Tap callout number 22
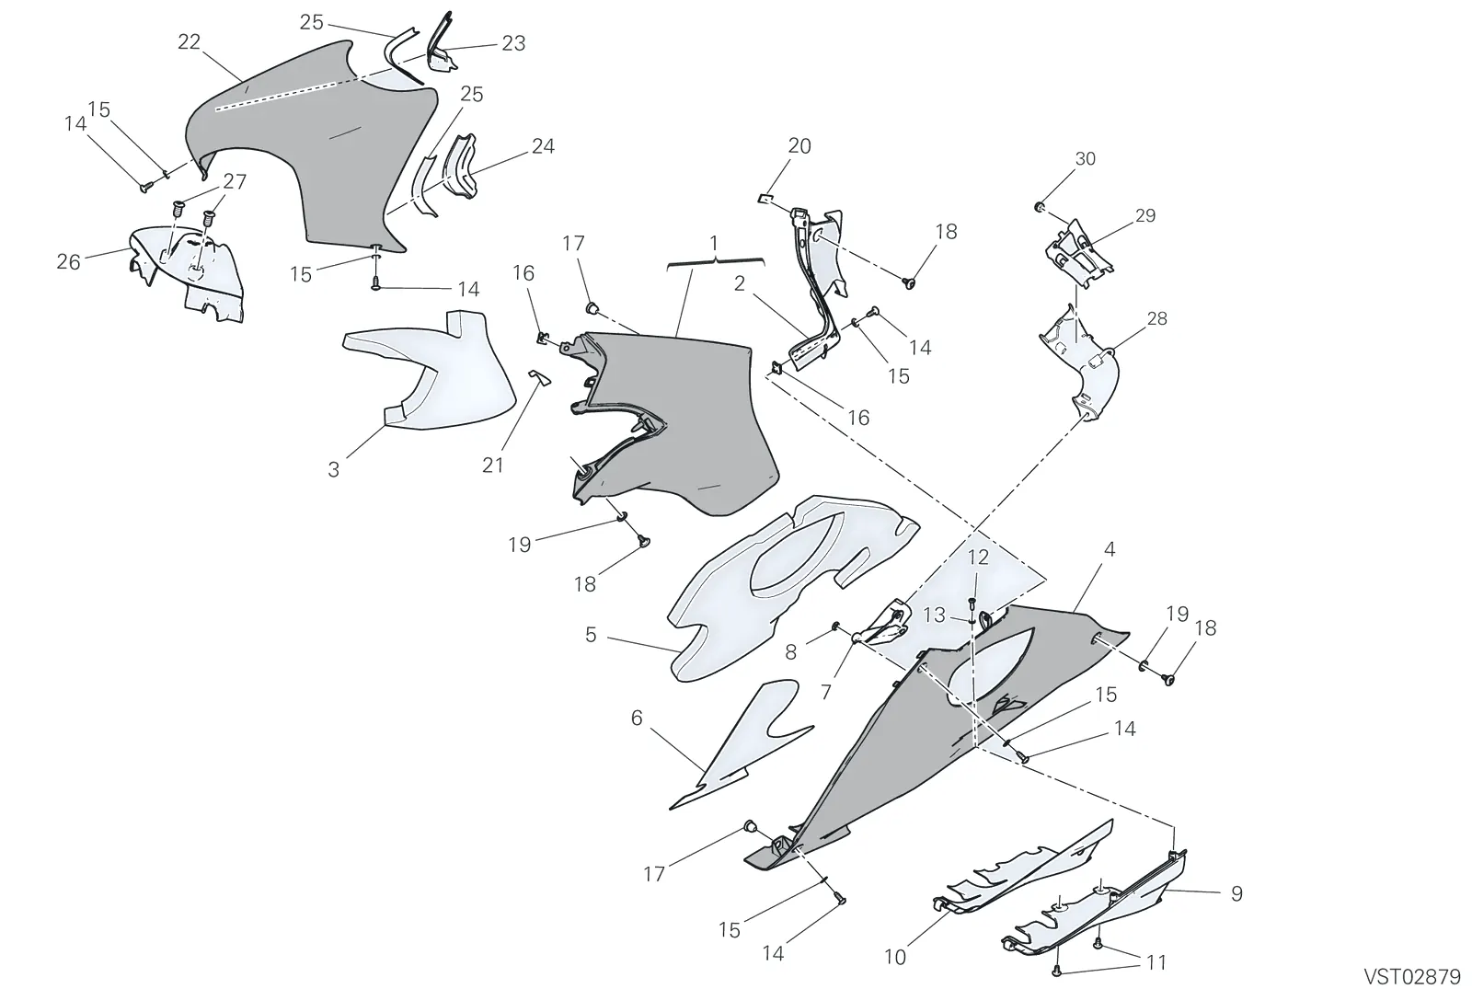pyautogui.click(x=189, y=42)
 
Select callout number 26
pyautogui.click(x=68, y=262)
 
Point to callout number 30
pyautogui.click(x=1085, y=158)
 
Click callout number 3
pyautogui.click(x=334, y=470)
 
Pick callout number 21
pyautogui.click(x=492, y=466)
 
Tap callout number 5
pyautogui.click(x=591, y=635)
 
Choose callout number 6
pyautogui.click(x=636, y=719)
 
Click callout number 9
pyautogui.click(x=1236, y=893)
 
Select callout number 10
pyautogui.click(x=895, y=958)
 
